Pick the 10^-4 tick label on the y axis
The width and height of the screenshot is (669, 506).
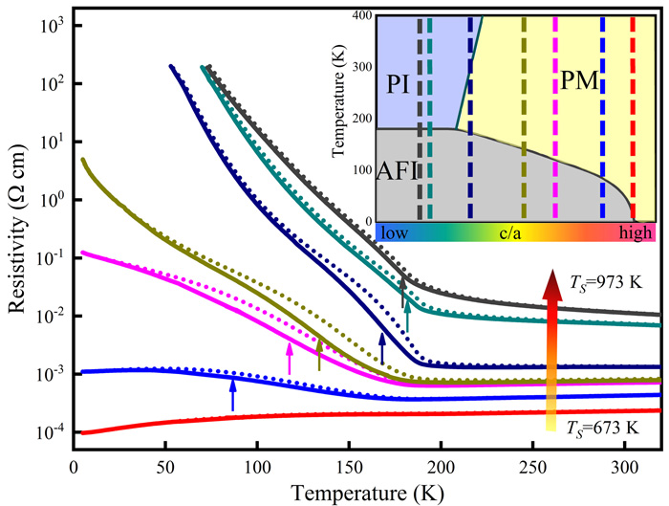click(45, 432)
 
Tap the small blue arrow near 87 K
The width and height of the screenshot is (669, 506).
click(232, 393)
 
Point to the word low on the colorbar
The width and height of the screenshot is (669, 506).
click(394, 231)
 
